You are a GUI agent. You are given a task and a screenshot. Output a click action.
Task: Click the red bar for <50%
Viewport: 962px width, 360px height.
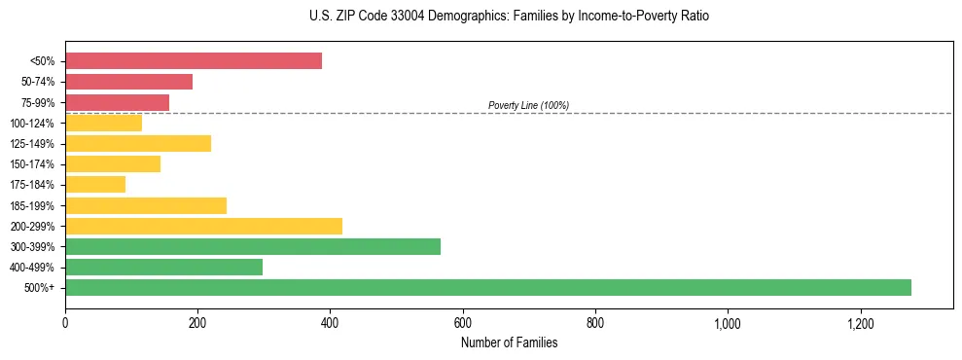tap(194, 61)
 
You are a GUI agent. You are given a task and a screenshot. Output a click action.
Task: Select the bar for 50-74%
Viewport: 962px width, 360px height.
tap(128, 82)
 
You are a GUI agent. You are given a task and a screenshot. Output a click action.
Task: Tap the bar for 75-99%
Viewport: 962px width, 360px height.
tap(117, 102)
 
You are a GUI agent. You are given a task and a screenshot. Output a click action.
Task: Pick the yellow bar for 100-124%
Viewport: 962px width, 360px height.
tap(103, 123)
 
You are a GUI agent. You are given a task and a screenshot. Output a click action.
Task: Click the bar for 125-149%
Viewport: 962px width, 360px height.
tap(138, 144)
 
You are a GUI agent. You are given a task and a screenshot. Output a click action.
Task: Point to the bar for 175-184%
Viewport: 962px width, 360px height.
tap(95, 185)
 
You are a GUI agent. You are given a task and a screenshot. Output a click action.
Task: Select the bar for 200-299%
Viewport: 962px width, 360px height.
tap(203, 226)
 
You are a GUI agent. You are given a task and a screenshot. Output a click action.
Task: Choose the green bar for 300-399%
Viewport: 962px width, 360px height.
tap(253, 246)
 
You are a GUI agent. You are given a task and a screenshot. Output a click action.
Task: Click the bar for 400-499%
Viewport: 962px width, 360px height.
tap(163, 267)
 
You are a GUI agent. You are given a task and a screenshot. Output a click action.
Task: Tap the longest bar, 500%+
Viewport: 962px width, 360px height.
tap(488, 287)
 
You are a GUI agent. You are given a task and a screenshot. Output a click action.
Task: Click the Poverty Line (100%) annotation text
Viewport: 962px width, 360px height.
tap(528, 105)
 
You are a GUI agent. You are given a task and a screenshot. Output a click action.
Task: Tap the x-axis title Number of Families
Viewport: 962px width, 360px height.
tap(508, 342)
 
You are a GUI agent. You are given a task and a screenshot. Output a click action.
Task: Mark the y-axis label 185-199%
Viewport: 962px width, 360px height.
tap(32, 205)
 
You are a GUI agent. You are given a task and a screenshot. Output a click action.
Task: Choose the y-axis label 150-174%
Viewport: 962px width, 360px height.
tap(32, 164)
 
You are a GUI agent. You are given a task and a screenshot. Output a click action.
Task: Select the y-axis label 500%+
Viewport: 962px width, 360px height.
tap(40, 288)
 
